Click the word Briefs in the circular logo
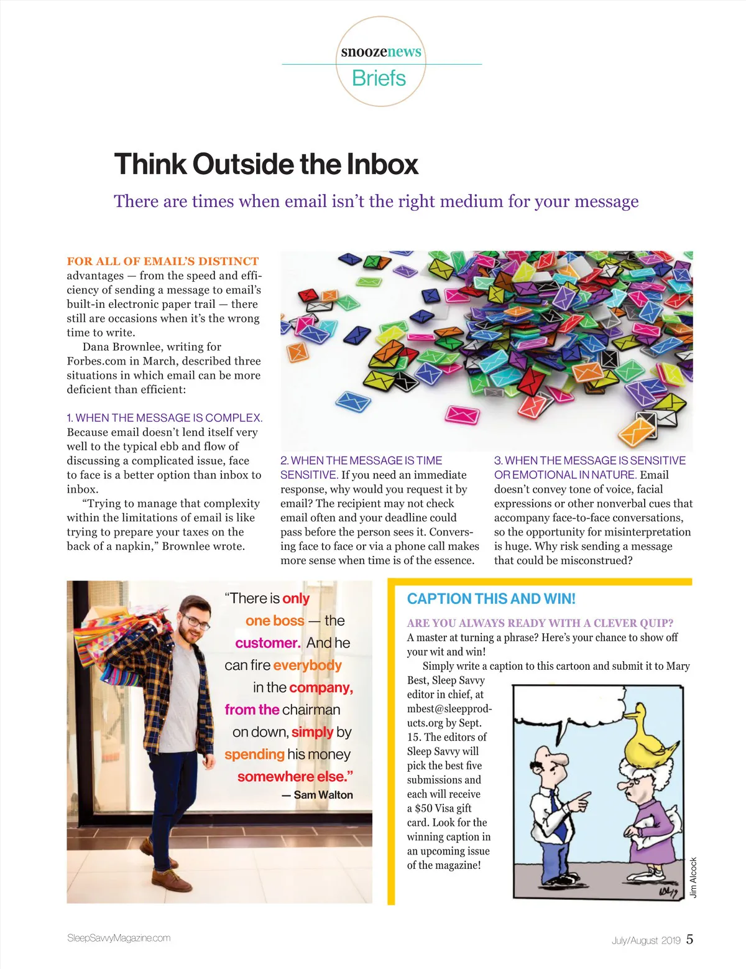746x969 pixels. [x=379, y=78]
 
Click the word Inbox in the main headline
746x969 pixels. [x=382, y=164]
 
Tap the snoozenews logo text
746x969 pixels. [x=381, y=52]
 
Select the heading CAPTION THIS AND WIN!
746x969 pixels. [x=491, y=599]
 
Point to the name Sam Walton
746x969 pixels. [x=323, y=795]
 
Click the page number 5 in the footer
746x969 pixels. [x=689, y=939]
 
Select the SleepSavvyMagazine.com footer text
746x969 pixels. [x=119, y=938]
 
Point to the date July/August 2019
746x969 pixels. [x=646, y=940]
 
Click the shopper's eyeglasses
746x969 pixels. [x=195, y=622]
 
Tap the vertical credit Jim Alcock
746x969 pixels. [x=694, y=877]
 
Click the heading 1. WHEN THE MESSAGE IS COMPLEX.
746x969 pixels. [x=165, y=418]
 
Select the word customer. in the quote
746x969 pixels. [x=268, y=643]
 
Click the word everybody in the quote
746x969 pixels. [x=307, y=665]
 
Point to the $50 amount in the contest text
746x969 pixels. [x=424, y=809]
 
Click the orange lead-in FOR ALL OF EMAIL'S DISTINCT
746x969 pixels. [x=163, y=261]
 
